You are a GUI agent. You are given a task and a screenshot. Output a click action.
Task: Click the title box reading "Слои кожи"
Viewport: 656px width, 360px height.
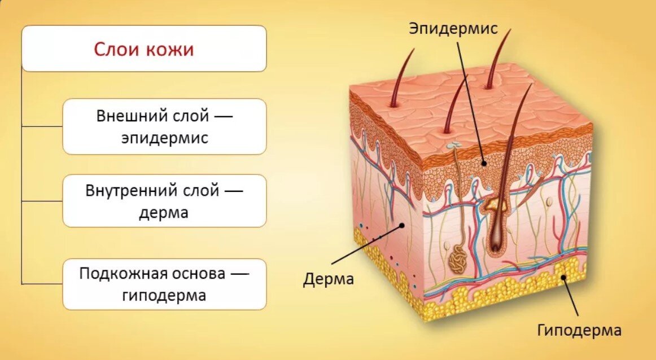click(x=144, y=49)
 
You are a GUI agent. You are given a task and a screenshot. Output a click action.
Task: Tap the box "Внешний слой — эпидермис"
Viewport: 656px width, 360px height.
click(x=164, y=126)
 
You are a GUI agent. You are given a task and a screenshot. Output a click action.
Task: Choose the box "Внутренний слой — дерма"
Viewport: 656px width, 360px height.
click(x=164, y=201)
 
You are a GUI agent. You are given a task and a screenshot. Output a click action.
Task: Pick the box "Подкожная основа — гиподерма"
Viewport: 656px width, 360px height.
click(x=164, y=284)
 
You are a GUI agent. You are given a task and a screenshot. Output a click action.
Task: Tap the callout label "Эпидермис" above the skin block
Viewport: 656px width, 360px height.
click(x=453, y=28)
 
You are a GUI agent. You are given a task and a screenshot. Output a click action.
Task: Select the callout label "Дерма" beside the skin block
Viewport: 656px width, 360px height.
click(x=328, y=279)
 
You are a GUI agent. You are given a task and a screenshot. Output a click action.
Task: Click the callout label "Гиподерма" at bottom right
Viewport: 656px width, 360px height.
click(x=579, y=330)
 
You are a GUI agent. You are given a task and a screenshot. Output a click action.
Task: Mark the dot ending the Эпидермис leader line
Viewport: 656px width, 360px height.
click(x=484, y=164)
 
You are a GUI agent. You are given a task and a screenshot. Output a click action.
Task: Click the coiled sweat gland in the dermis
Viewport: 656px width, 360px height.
click(x=458, y=259)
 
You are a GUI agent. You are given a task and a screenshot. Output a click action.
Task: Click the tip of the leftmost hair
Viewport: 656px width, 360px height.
click(x=414, y=50)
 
